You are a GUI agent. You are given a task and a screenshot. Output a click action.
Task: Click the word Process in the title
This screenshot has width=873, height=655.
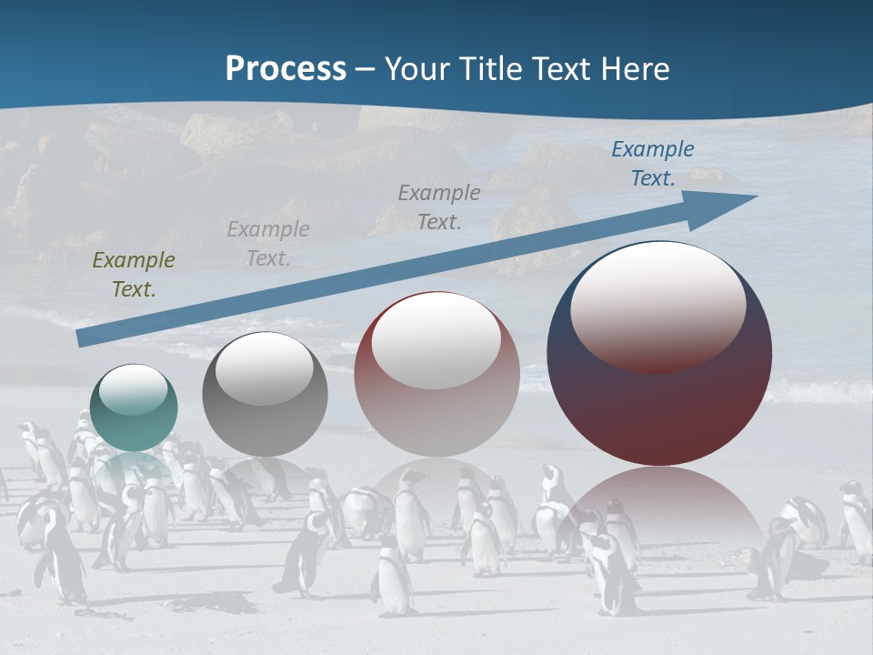pyautogui.click(x=286, y=69)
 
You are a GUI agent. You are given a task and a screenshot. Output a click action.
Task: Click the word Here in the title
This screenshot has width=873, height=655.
pyautogui.click(x=635, y=69)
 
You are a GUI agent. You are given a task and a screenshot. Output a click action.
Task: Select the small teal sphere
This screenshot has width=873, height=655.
pyautogui.click(x=134, y=408)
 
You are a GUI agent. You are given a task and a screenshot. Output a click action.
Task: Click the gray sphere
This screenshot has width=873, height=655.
pyautogui.click(x=265, y=395)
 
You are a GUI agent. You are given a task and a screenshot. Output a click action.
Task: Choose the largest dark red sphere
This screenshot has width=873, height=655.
pyautogui.click(x=659, y=354)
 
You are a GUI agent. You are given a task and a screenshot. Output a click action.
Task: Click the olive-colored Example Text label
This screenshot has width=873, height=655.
pyautogui.click(x=134, y=275)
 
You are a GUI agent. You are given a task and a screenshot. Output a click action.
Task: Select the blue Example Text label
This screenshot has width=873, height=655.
pyautogui.click(x=653, y=164)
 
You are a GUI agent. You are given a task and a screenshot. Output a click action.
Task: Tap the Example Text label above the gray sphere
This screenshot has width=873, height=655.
pyautogui.click(x=268, y=244)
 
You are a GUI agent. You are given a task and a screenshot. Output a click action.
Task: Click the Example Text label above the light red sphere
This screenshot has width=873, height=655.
pyautogui.click(x=439, y=207)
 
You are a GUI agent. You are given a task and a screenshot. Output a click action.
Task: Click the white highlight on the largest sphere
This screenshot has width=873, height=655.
pyautogui.click(x=657, y=306)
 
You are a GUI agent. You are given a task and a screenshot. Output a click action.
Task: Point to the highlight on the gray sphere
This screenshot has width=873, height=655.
pyautogui.click(x=264, y=368)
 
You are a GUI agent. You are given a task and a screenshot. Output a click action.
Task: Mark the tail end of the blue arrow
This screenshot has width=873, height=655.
pyautogui.click(x=82, y=338)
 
